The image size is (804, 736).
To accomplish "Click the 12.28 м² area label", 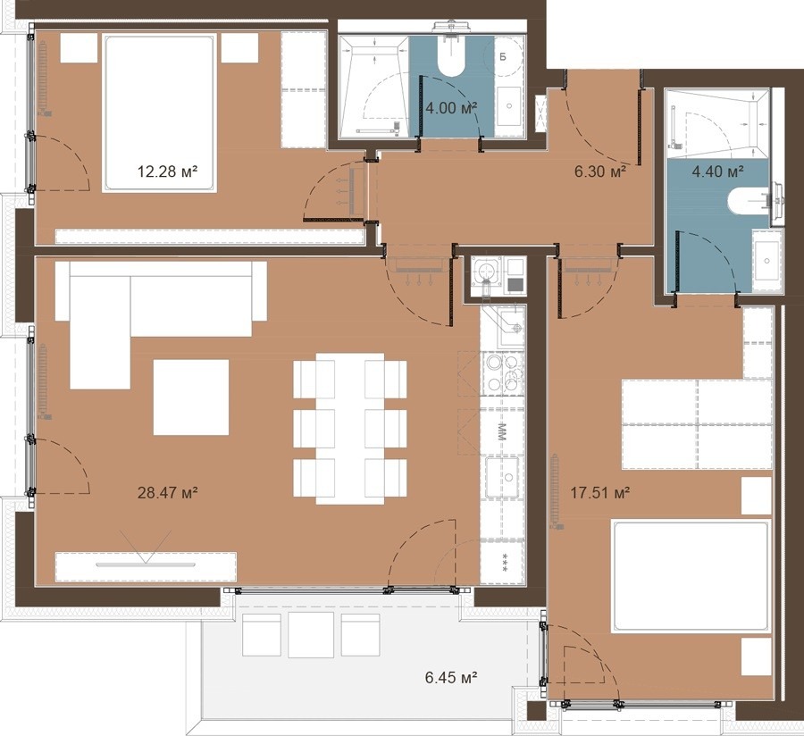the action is (168, 171).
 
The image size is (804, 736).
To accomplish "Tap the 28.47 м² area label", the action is (168, 493).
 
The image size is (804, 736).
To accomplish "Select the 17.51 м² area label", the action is (600, 493).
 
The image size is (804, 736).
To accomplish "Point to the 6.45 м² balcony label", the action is (452, 678).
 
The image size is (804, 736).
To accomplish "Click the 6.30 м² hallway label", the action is (600, 171).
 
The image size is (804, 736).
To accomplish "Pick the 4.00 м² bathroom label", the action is (452, 108).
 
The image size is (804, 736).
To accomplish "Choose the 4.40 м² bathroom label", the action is (718, 171).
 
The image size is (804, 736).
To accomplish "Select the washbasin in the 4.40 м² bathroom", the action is (767, 260).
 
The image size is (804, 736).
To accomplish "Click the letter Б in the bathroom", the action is (502, 57).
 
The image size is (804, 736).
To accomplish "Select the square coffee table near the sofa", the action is (191, 397).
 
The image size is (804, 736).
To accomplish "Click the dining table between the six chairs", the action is (350, 429).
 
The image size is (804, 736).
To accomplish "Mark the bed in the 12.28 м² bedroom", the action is (158, 113).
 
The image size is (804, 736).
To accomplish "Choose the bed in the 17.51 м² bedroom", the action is (691, 576).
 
